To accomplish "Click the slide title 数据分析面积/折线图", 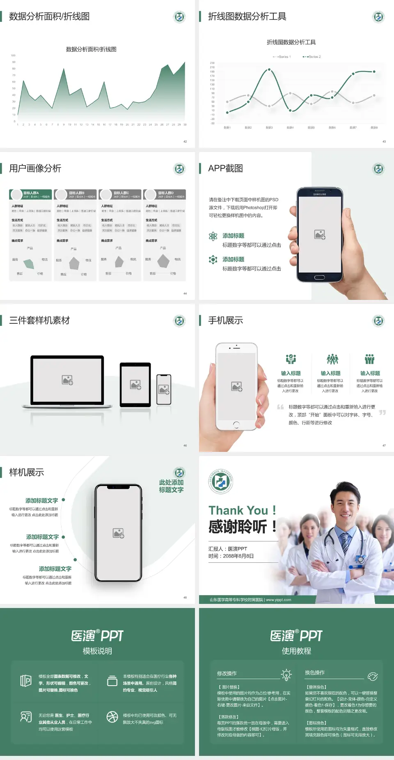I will coord(49,16).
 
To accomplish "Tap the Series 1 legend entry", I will coord(282,57).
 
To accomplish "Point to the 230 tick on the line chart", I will coord(212,63).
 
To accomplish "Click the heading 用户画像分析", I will coord(35,168).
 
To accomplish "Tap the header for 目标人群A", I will coord(31,194).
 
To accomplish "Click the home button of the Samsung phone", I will coord(319,277).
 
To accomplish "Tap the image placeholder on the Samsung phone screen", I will coord(320,235).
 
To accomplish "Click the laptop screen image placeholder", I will coord(67,380).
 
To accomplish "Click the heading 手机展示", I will coord(225,320).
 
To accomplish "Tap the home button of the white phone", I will coord(236,424).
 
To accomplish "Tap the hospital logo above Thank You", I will coord(221,481).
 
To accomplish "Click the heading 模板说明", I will coord(97,651).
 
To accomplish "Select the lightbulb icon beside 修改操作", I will coord(286,675).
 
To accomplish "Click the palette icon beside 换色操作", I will coord(373,676).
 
